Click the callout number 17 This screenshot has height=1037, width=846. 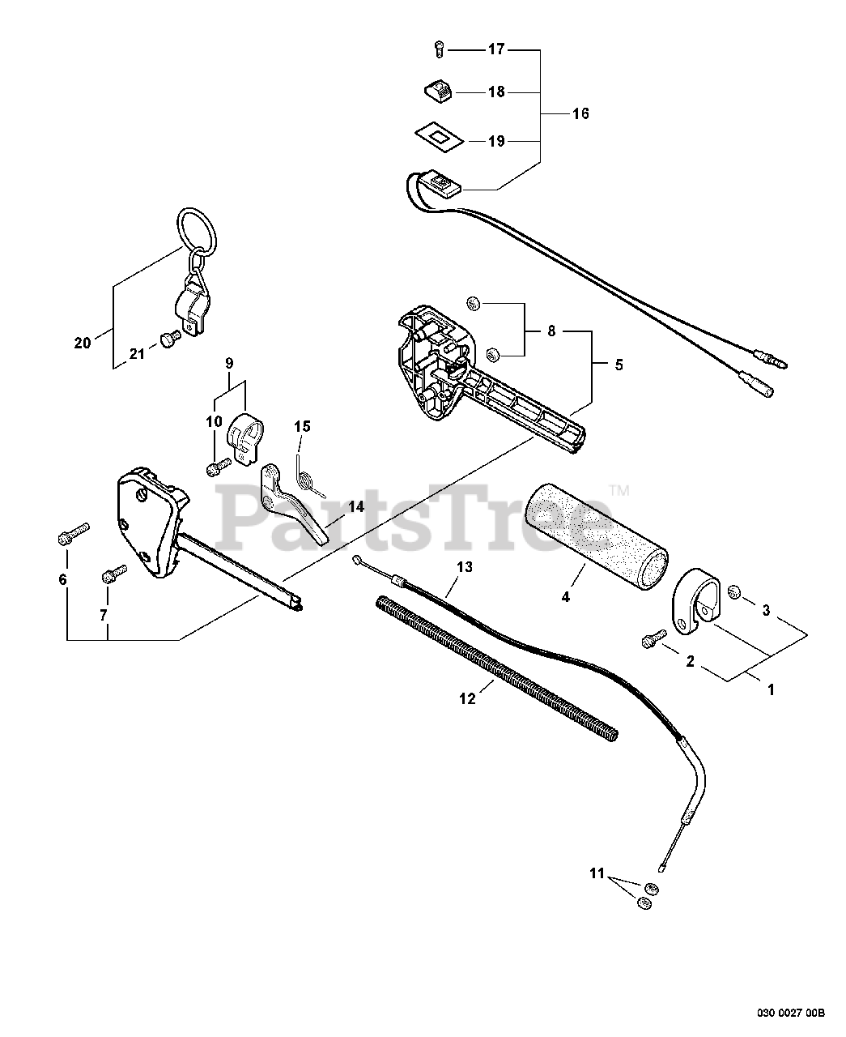pos(495,49)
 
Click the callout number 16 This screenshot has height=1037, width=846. pos(580,113)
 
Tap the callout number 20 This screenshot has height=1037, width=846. pos(83,343)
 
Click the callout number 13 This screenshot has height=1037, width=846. pos(463,567)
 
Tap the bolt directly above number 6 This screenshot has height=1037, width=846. pos(67,537)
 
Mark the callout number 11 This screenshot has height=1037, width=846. pos(597,873)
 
